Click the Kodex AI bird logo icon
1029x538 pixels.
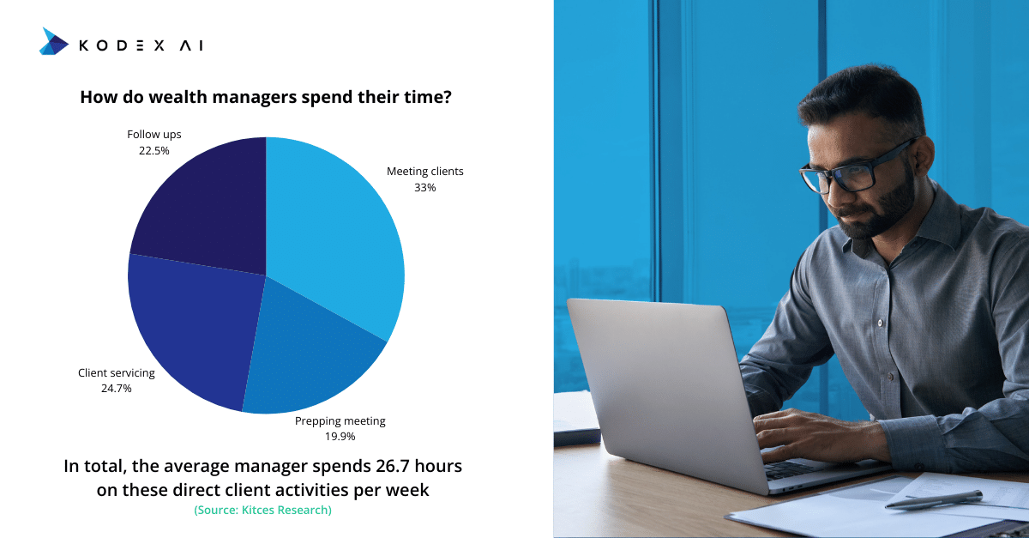[54, 41]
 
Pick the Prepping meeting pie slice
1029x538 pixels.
[308, 363]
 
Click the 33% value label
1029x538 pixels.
[425, 188]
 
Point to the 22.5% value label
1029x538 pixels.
[153, 151]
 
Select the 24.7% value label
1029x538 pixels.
[117, 389]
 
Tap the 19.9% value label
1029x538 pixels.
[340, 437]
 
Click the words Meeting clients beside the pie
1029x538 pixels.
[425, 172]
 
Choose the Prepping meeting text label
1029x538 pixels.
[340, 421]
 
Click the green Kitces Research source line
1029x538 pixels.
[262, 510]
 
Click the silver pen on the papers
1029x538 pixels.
[934, 499]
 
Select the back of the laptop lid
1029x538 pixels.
[661, 386]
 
